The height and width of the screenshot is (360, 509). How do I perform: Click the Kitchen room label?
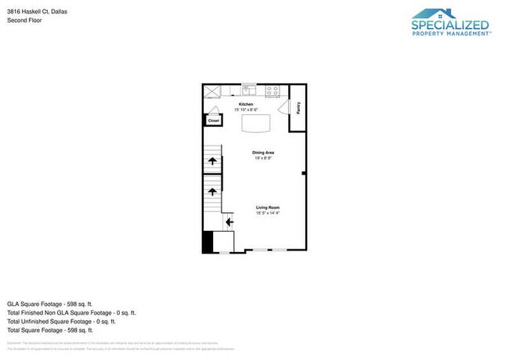point(246,104)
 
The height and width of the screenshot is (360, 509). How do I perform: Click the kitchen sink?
point(249,88)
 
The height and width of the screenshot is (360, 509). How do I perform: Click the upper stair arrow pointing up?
point(211,161)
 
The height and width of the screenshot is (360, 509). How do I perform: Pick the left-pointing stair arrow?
point(229,222)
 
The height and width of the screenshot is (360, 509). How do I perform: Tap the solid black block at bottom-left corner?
point(208,242)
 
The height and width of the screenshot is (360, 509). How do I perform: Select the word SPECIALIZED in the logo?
point(450,25)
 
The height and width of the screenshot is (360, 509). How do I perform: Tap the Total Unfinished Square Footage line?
point(61,321)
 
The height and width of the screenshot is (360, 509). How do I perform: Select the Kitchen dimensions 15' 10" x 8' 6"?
point(246,110)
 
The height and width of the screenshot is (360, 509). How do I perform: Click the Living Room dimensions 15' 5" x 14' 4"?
point(267,212)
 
